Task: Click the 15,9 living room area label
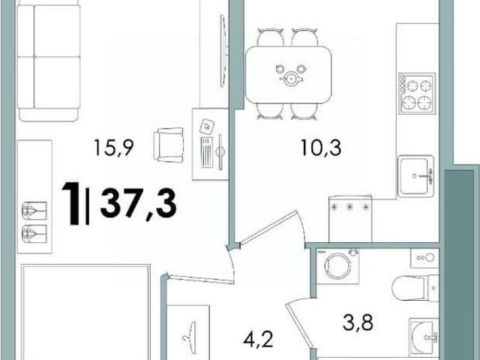pyautogui.click(x=113, y=147)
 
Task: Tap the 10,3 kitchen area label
pyautogui.click(x=321, y=147)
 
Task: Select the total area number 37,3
pyautogui.click(x=138, y=202)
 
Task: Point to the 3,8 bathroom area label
pyautogui.click(x=358, y=322)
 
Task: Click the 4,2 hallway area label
pyautogui.click(x=258, y=340)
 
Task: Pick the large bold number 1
pyautogui.click(x=71, y=202)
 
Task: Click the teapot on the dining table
pyautogui.click(x=291, y=79)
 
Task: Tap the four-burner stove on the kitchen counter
pyautogui.click(x=417, y=93)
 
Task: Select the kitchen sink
pyautogui.click(x=415, y=176)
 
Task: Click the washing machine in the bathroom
pyautogui.click(x=337, y=265)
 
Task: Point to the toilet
pyautogui.click(x=415, y=288)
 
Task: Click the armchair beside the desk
pyautogui.click(x=169, y=145)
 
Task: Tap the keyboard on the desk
pyautogui.click(x=207, y=152)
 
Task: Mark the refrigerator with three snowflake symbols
pyautogui.click(x=350, y=218)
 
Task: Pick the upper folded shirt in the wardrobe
pyautogui.click(x=34, y=210)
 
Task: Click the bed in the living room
pyautogui.click(x=85, y=312)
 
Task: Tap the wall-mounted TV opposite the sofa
pyautogui.click(x=224, y=52)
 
